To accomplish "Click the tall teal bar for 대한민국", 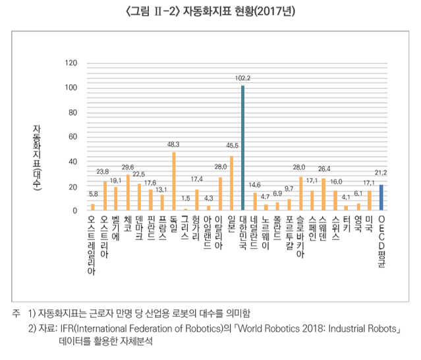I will pyautogui.click(x=243, y=148).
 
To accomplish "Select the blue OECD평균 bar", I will pyautogui.click(x=381, y=197).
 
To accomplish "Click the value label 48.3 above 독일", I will pyautogui.click(x=174, y=143).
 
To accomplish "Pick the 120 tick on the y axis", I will pyautogui.click(x=72, y=64).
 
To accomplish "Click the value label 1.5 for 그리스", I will pyautogui.click(x=185, y=198).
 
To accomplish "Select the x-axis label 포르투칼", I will pyautogui.click(x=289, y=234).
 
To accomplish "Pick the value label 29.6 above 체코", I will pyautogui.click(x=128, y=167).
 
